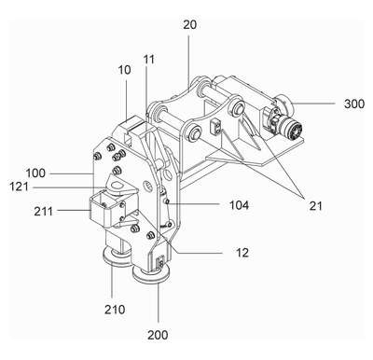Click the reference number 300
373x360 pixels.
(354, 104)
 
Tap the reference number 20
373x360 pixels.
(189, 24)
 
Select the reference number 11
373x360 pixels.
(149, 60)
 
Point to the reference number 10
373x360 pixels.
(124, 70)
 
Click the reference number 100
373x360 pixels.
(35, 173)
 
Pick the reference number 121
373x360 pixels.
(20, 187)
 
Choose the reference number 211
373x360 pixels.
(44, 212)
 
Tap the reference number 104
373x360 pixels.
(239, 205)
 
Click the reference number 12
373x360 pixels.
(242, 253)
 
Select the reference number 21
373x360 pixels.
(316, 205)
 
